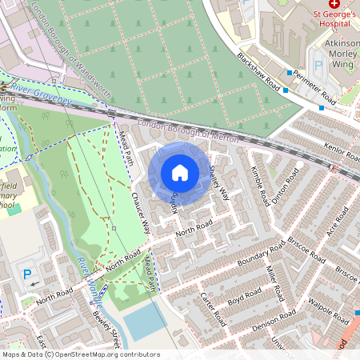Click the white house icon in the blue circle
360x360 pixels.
(x=180, y=172)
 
